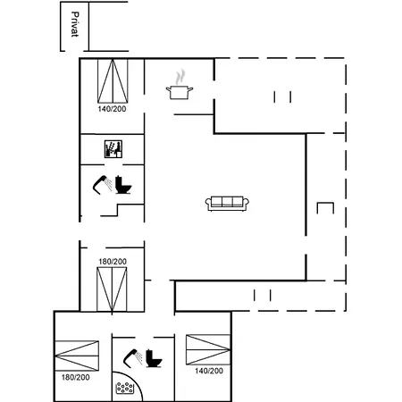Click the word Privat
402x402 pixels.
click(x=75, y=24)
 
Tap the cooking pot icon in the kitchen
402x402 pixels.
click(x=180, y=92)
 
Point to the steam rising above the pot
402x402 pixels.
click(x=180, y=77)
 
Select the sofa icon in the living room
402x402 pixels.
click(x=227, y=204)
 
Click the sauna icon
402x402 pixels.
click(x=113, y=149)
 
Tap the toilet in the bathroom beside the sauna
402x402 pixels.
click(x=123, y=185)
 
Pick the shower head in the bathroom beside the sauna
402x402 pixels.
click(x=103, y=185)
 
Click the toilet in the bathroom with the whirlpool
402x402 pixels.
click(x=154, y=358)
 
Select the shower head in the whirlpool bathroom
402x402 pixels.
click(x=133, y=357)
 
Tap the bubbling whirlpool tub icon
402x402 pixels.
click(x=124, y=388)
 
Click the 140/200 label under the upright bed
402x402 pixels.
click(x=112, y=109)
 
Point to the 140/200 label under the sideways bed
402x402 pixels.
click(x=209, y=371)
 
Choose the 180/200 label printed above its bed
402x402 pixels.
click(x=113, y=262)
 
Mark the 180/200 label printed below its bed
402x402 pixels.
click(x=76, y=377)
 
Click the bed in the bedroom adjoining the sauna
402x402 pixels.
click(x=113, y=81)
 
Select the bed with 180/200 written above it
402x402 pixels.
click(x=112, y=289)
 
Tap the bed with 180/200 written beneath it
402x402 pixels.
click(x=77, y=356)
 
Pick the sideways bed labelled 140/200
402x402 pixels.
click(x=208, y=350)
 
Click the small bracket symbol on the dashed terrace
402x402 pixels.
click(x=325, y=208)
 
